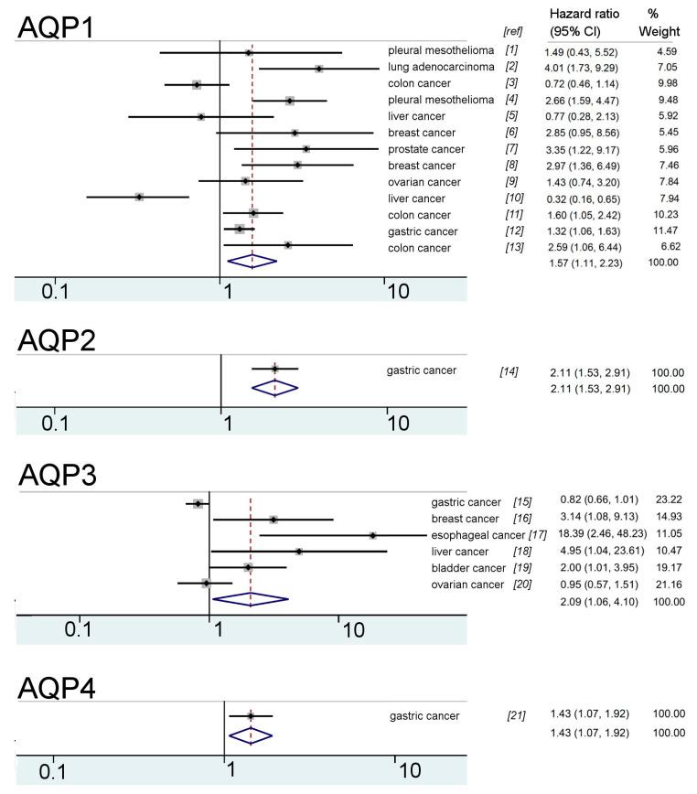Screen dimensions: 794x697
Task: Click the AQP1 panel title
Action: tap(57, 27)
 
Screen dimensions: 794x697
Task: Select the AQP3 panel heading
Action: tap(57, 475)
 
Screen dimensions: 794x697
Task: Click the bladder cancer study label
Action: tap(466, 567)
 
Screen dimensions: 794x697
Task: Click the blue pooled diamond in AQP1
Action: tap(252, 260)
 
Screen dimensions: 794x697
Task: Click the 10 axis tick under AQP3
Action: tap(352, 628)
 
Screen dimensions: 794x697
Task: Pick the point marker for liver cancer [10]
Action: tap(139, 197)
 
